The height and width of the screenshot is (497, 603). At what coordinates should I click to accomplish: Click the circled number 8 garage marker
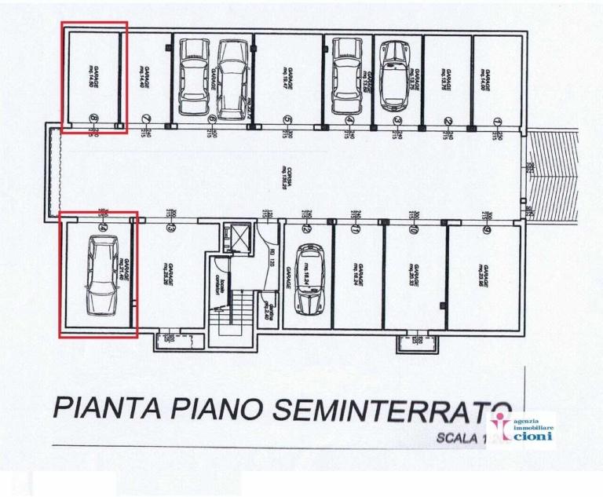[94, 119]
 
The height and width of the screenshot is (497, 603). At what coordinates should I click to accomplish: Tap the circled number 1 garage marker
[498, 121]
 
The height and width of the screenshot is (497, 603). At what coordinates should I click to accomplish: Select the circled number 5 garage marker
[288, 120]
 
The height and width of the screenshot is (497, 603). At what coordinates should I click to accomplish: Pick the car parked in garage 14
[102, 275]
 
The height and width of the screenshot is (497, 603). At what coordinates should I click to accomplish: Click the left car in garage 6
[194, 76]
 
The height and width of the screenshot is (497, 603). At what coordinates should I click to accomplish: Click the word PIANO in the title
[220, 409]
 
